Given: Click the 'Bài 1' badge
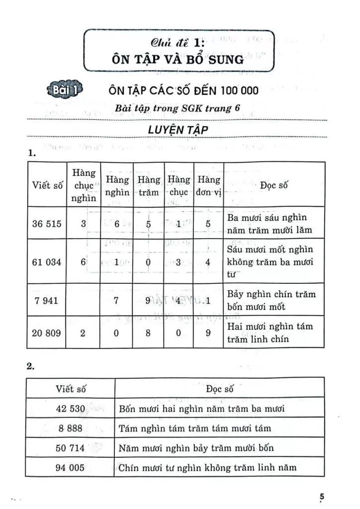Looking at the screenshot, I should point(64,90).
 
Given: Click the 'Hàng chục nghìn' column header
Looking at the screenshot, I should point(83,186).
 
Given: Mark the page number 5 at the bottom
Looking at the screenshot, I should point(322,497).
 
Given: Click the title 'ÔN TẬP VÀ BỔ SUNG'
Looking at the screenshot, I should point(179,60).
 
